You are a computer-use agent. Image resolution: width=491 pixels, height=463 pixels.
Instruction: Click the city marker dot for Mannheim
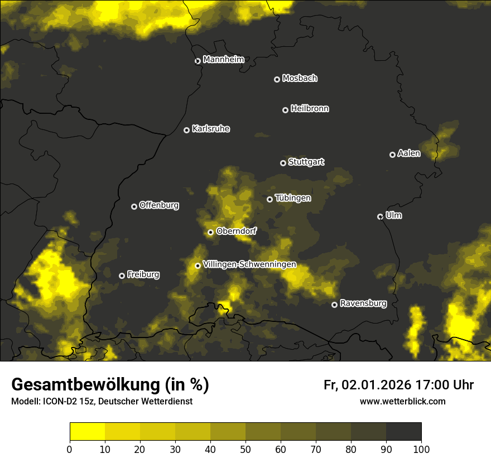pyautogui.click(x=198, y=61)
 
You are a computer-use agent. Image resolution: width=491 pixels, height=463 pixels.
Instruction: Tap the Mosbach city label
pyautogui.click(x=300, y=79)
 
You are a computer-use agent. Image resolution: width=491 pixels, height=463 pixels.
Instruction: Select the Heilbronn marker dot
pyautogui.click(x=285, y=110)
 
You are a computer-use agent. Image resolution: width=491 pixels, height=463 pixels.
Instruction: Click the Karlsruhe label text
pyautogui.click(x=211, y=129)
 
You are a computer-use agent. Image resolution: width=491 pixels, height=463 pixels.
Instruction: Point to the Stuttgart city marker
pyautogui.click(x=283, y=163)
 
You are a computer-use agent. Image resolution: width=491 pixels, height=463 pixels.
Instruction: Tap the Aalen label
pyautogui.click(x=409, y=153)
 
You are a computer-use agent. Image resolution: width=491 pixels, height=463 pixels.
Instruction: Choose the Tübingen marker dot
pyautogui.click(x=269, y=199)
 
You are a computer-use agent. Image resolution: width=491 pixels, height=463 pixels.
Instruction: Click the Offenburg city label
pyautogui.click(x=159, y=205)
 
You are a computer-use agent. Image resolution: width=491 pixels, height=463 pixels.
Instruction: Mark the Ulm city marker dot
pyautogui.click(x=380, y=216)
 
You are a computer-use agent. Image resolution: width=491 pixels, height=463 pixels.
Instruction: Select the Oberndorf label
pyautogui.click(x=237, y=231)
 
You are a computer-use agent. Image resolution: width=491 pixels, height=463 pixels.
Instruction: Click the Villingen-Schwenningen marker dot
pyautogui.click(x=198, y=266)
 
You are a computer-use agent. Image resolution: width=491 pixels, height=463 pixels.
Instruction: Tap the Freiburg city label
pyautogui.click(x=143, y=274)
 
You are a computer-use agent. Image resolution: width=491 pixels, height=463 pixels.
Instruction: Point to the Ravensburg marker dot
pyautogui.click(x=334, y=305)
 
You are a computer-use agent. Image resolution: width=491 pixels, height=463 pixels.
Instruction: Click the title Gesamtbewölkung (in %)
pyautogui.click(x=110, y=384)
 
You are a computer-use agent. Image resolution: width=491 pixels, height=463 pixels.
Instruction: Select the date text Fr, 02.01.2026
pyautogui.click(x=367, y=385)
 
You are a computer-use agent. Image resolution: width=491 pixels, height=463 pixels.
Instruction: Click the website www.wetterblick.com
pyautogui.click(x=402, y=401)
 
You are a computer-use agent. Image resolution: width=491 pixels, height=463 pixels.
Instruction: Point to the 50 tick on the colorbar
pyautogui.click(x=245, y=449)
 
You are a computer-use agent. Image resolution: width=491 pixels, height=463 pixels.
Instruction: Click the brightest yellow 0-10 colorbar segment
pyautogui.click(x=87, y=432)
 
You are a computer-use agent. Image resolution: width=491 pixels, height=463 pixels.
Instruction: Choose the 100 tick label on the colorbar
pyautogui.click(x=421, y=449)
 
